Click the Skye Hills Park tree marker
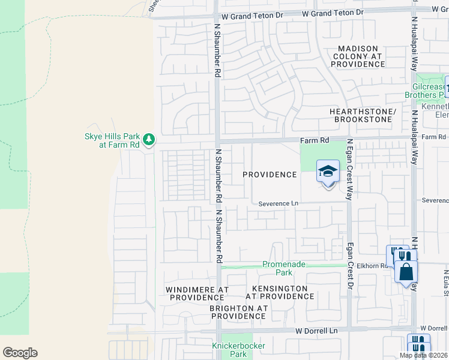pos(149,140)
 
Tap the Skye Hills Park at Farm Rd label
pos(112,140)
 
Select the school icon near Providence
pos(328,172)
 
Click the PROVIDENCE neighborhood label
pos(270,175)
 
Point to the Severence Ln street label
pos(279,204)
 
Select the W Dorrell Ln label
pos(316,331)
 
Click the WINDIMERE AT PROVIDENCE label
pos(197,293)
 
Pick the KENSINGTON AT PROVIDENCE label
pos(280,293)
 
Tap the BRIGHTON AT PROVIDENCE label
pos(238,312)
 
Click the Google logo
pos(20,353)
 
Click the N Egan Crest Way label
pos(349,170)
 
